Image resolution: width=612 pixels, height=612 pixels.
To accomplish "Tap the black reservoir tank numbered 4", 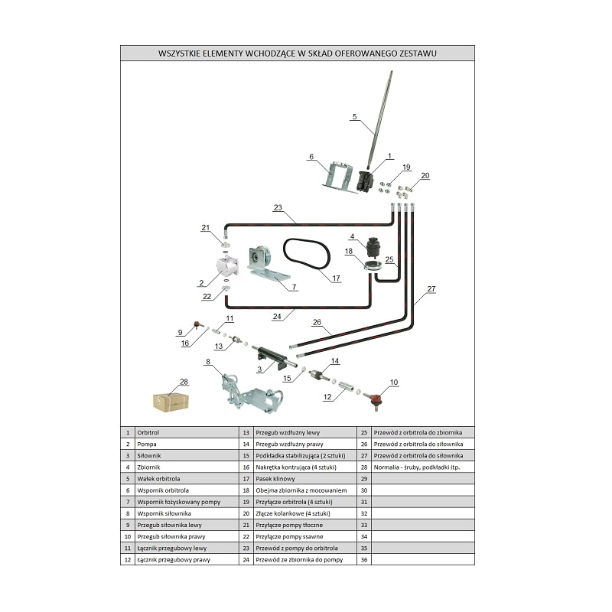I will pyautogui.click(x=376, y=246).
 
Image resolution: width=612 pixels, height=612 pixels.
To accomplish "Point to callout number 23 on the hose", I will pyautogui.click(x=278, y=208).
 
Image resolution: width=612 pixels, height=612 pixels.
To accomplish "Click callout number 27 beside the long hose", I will pyautogui.click(x=431, y=289).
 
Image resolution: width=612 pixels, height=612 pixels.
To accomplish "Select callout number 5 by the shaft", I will pyautogui.click(x=354, y=117).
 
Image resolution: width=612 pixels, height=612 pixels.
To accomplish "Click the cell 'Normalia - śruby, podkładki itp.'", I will pyautogui.click(x=423, y=467).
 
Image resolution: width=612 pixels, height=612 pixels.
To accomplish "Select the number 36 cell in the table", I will pyautogui.click(x=365, y=559).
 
